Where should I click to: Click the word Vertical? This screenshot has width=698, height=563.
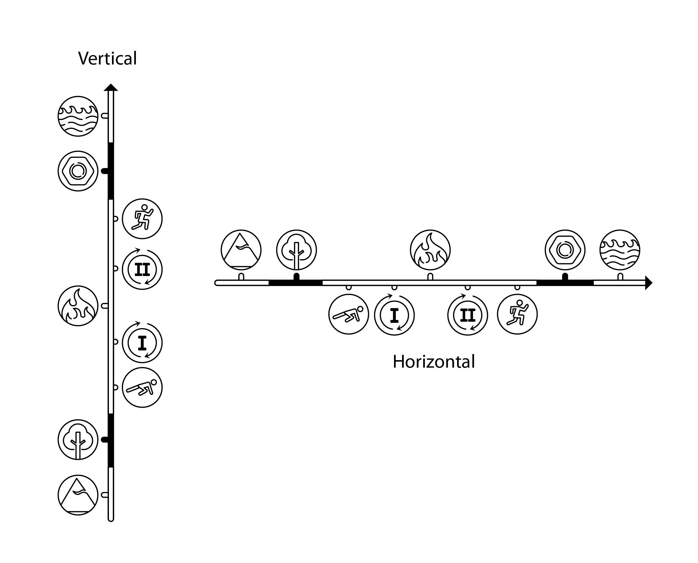[107, 59]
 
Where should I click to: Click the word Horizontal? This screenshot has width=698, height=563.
[433, 362]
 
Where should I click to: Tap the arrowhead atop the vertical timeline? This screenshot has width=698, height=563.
[111, 88]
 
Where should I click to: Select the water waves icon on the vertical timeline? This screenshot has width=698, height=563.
[78, 116]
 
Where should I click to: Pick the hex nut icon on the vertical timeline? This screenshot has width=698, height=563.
[78, 171]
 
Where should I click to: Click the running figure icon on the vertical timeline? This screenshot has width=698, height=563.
[142, 219]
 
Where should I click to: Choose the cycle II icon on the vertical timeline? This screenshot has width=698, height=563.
[142, 270]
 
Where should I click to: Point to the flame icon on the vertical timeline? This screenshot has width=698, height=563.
[78, 306]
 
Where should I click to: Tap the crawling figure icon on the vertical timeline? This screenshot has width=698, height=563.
[142, 387]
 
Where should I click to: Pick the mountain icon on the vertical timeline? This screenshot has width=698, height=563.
[78, 495]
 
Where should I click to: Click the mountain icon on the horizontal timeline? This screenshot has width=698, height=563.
[241, 250]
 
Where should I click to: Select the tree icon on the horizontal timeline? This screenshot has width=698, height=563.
[296, 250]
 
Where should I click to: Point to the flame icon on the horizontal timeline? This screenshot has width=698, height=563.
[430, 250]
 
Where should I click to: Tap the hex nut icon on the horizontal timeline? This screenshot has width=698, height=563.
[565, 250]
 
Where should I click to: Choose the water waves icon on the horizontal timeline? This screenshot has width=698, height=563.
[620, 250]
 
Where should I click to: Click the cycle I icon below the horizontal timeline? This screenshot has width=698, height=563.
[394, 315]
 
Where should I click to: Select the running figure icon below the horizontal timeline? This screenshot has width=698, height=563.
[517, 314]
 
